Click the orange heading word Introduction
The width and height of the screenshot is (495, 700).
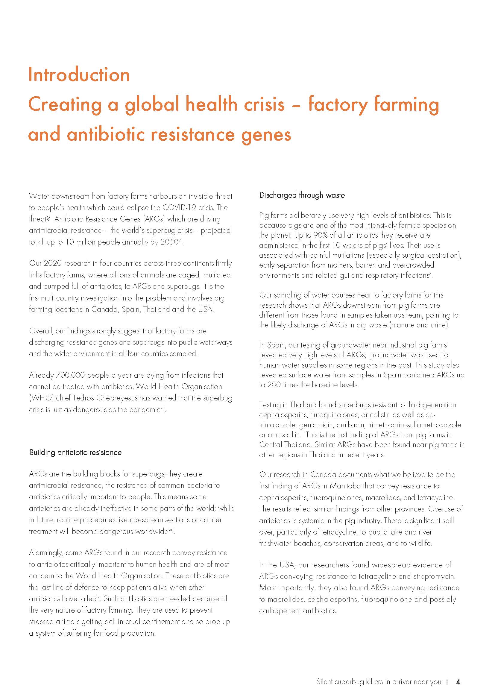[x=79, y=75]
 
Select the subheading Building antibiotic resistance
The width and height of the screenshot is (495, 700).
[x=75, y=453]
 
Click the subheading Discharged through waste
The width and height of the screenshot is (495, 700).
[x=302, y=195]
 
